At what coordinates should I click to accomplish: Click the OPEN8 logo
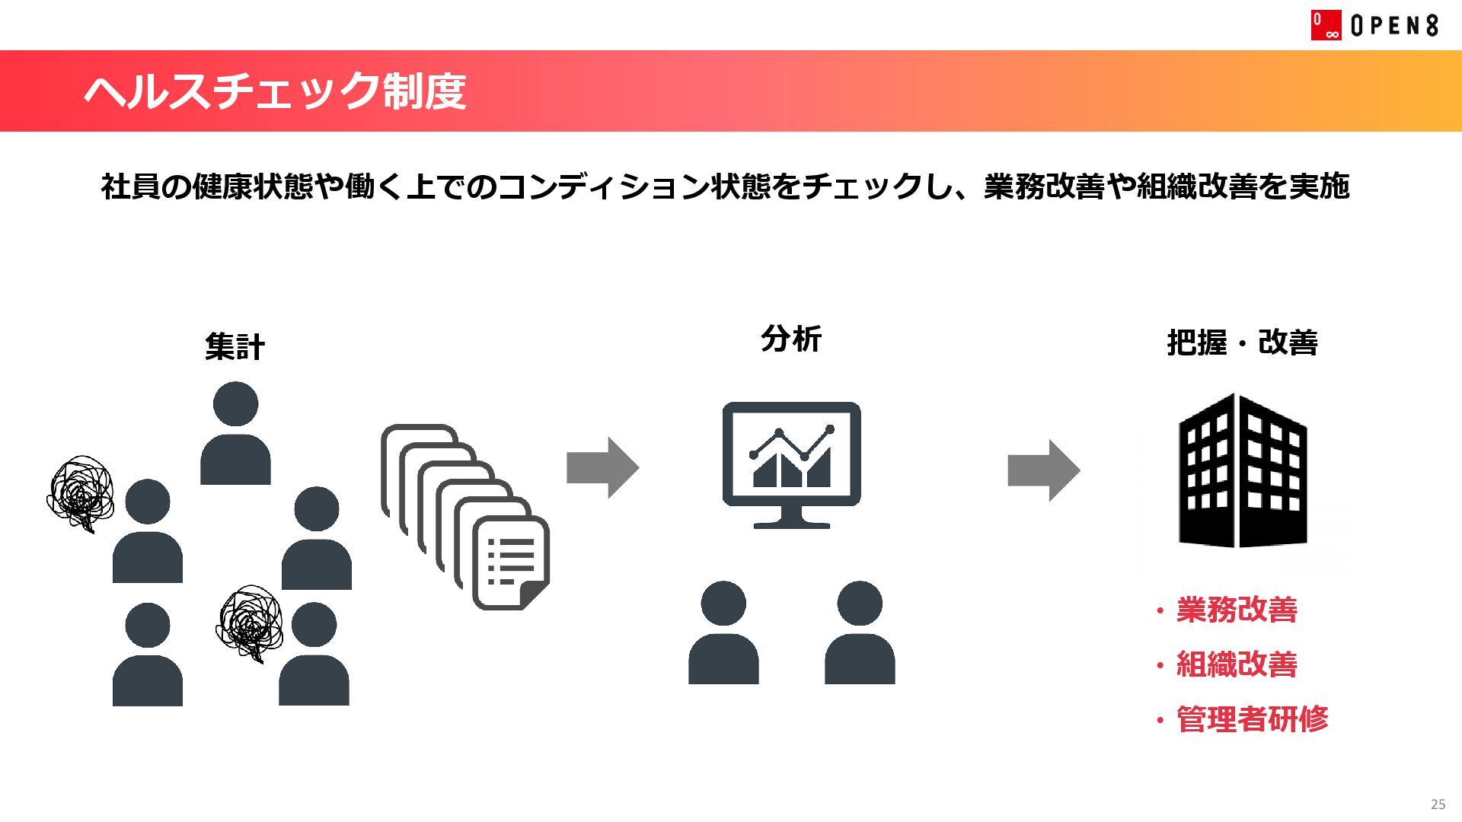click(x=1374, y=25)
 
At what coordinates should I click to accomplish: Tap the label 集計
click(x=235, y=346)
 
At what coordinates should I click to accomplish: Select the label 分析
click(x=790, y=339)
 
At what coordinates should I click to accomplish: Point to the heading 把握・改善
click(x=1242, y=342)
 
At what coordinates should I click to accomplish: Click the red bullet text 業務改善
click(x=1236, y=610)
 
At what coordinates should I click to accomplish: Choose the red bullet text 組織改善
click(x=1236, y=664)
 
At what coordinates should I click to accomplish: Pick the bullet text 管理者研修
click(x=1251, y=719)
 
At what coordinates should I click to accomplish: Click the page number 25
click(x=1438, y=804)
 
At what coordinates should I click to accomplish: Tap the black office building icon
click(x=1243, y=470)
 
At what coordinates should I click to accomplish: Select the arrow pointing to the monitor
click(x=602, y=467)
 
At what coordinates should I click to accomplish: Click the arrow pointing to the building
click(x=1043, y=470)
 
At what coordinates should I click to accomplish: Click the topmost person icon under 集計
click(x=235, y=432)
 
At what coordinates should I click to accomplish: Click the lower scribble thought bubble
click(x=250, y=622)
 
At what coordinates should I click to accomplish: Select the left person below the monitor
click(x=723, y=633)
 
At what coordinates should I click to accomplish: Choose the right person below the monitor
click(x=860, y=633)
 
